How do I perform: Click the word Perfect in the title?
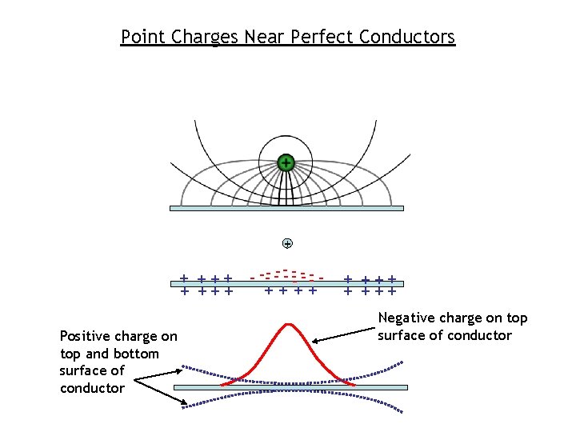(x=323, y=37)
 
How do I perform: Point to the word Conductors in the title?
(x=407, y=37)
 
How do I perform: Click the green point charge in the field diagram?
(x=286, y=163)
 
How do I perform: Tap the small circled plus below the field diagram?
(x=287, y=243)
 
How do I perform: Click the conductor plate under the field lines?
(x=286, y=208)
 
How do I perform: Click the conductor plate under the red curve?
(x=290, y=387)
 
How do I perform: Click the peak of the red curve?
(x=286, y=325)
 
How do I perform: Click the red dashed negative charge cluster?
(x=286, y=274)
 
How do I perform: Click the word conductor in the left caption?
(x=92, y=388)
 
